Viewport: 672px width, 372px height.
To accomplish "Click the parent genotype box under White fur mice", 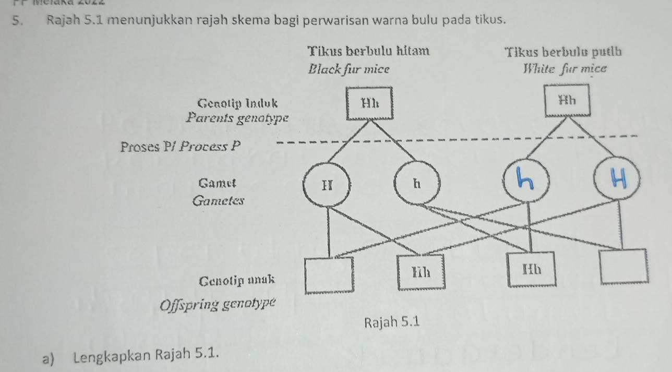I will [x=567, y=100].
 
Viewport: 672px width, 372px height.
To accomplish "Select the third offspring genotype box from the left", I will [x=532, y=270].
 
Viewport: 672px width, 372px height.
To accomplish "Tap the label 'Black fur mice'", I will [x=349, y=69].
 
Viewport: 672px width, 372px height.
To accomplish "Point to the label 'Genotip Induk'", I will [x=238, y=101].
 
